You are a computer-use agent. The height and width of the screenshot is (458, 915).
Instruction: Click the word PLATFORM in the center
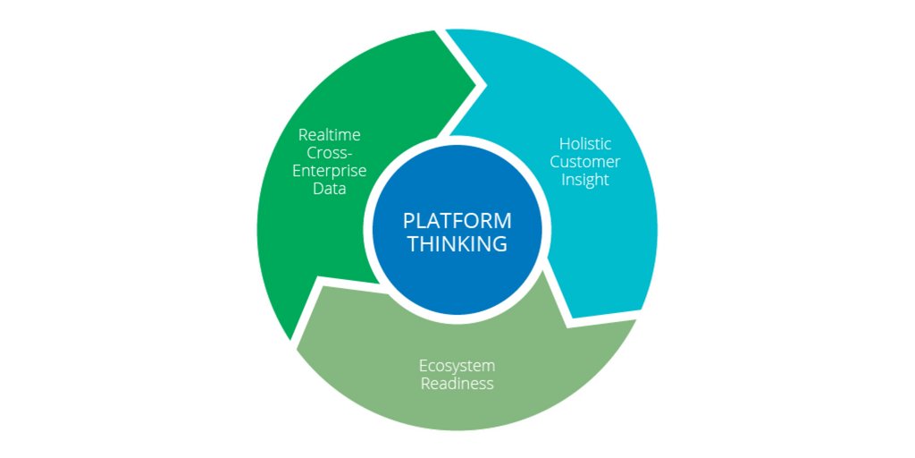click(457, 221)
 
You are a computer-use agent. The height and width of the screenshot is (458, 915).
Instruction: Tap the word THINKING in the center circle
click(457, 243)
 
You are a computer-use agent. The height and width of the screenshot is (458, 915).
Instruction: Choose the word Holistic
click(584, 143)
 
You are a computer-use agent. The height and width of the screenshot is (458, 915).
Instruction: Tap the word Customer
click(584, 161)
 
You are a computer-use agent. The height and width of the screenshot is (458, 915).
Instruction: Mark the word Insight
click(584, 179)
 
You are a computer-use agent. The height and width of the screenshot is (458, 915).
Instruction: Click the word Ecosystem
click(457, 366)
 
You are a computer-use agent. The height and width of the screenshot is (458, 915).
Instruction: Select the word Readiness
click(457, 384)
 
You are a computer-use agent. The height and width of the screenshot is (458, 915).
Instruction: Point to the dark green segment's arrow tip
click(485, 86)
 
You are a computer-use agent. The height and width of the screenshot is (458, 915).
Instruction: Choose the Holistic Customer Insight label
click(584, 161)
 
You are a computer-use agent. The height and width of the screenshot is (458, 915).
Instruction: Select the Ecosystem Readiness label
click(457, 375)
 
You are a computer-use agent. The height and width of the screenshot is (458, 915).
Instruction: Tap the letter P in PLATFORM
click(408, 221)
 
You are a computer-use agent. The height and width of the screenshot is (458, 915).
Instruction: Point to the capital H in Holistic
click(564, 143)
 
